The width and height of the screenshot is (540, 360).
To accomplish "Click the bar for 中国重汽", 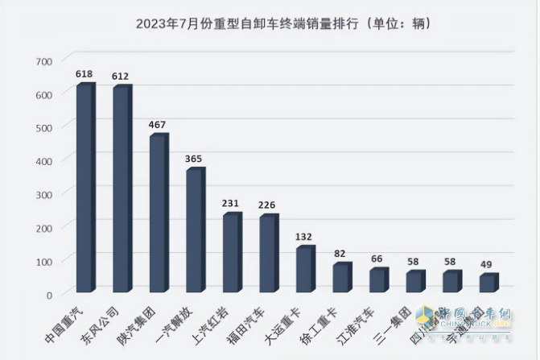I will point(85,188).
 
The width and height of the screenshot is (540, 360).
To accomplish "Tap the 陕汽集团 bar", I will point(158,213).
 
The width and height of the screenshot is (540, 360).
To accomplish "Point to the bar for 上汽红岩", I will point(231,253).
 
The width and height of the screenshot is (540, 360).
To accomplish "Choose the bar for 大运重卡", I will point(304,270).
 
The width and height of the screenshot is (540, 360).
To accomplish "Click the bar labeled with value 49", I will point(488,283).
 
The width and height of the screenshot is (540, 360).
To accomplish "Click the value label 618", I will point(85,74).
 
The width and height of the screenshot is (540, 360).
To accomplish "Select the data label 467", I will point(158,125).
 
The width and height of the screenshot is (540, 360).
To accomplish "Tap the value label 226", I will point(267,205).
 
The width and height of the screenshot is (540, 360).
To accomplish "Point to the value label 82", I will point(340,254).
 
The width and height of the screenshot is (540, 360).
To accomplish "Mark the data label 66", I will point(377,259).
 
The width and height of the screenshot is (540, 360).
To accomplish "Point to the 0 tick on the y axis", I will point(49,295).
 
